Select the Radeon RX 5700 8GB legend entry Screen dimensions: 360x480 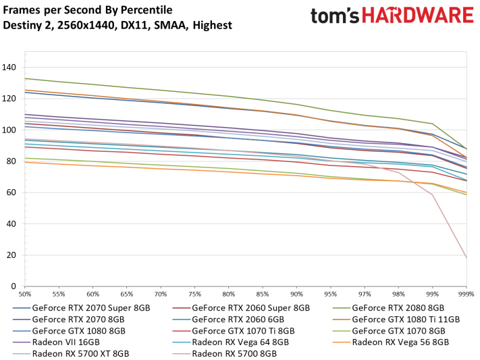tap(234, 353)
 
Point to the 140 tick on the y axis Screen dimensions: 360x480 tap(9, 67)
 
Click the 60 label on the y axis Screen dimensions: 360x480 tap(12, 192)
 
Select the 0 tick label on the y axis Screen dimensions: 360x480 tap(15, 286)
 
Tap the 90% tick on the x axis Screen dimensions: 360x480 tap(296, 295)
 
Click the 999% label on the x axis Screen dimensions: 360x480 tap(466, 295)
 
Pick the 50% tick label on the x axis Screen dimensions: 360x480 tap(26, 295)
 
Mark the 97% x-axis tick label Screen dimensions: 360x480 tap(365, 295)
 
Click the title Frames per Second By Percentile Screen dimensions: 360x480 tap(88, 10)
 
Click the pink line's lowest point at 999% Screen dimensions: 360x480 tap(466, 258)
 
